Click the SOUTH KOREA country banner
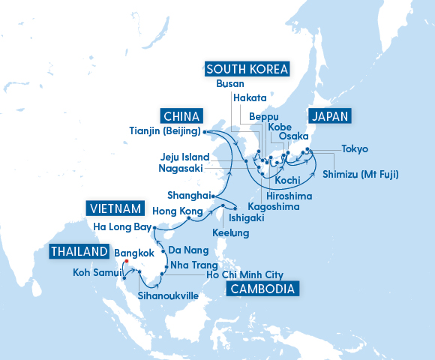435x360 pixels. pos(247,70)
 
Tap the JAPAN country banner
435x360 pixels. pos(330,116)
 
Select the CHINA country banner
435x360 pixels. pos(181,116)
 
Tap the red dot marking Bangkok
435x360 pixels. pos(127,262)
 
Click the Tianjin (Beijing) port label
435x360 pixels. pos(163,132)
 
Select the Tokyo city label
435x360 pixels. pos(355,149)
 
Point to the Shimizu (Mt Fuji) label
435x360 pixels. pos(361,175)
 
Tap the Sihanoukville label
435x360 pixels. pos(168,296)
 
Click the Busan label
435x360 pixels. pos(229,84)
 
